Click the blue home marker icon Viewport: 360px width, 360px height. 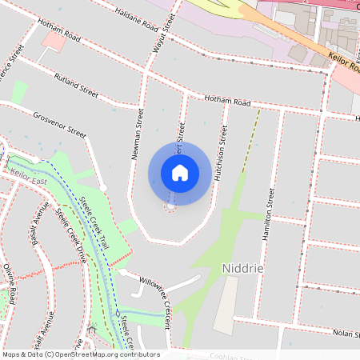(180, 172)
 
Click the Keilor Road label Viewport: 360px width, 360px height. (345, 64)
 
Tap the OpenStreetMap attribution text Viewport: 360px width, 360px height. (80, 354)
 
